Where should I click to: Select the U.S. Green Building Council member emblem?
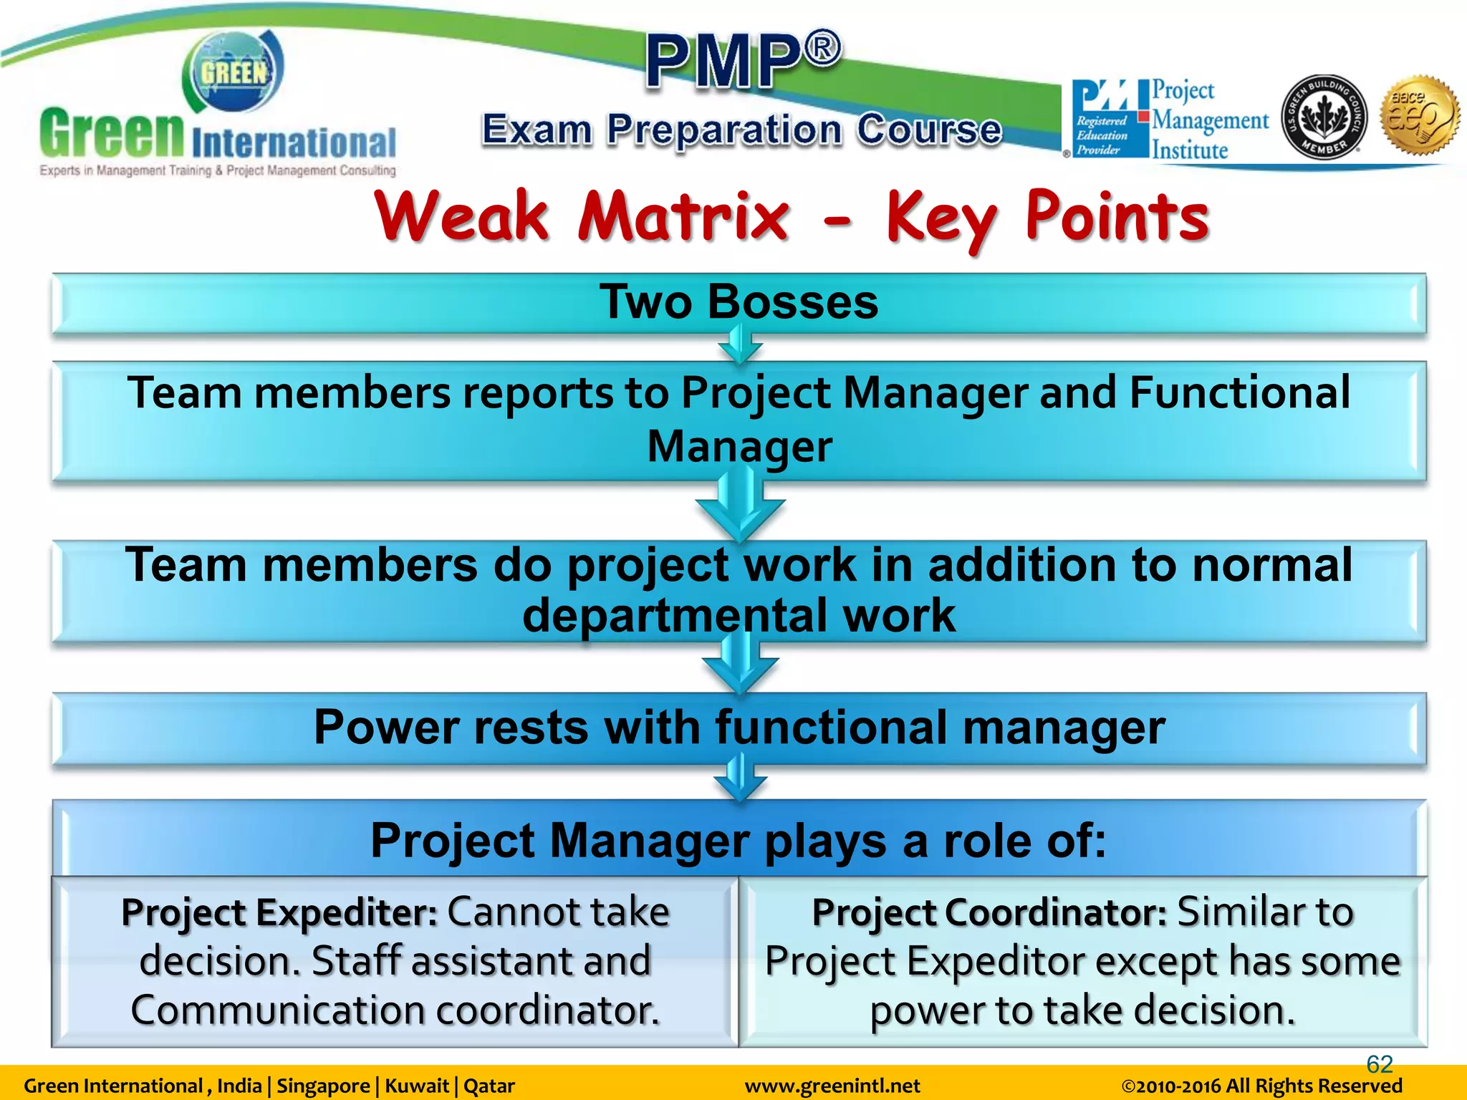(x=1324, y=117)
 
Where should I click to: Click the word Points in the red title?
(x=1117, y=217)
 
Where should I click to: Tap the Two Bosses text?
(x=739, y=301)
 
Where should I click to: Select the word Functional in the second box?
(x=1239, y=393)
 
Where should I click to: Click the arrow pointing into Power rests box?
(x=740, y=666)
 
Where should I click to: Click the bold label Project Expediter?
(x=279, y=913)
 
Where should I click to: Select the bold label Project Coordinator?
(x=989, y=913)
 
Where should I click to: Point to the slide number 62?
(x=1379, y=1064)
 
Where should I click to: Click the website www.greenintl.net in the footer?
(x=832, y=1086)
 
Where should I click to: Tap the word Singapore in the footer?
(x=323, y=1086)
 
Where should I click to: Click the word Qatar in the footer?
(x=489, y=1086)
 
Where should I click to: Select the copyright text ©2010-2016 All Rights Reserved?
(x=1261, y=1086)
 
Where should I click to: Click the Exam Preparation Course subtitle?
(x=741, y=130)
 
